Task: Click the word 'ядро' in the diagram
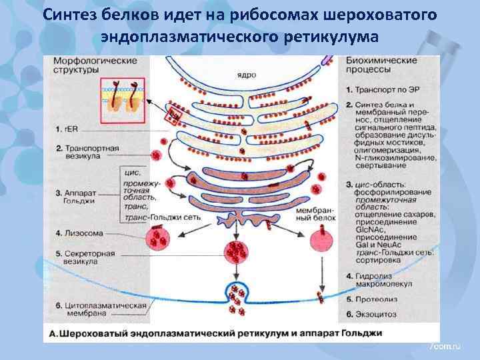246,75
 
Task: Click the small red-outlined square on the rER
173,115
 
